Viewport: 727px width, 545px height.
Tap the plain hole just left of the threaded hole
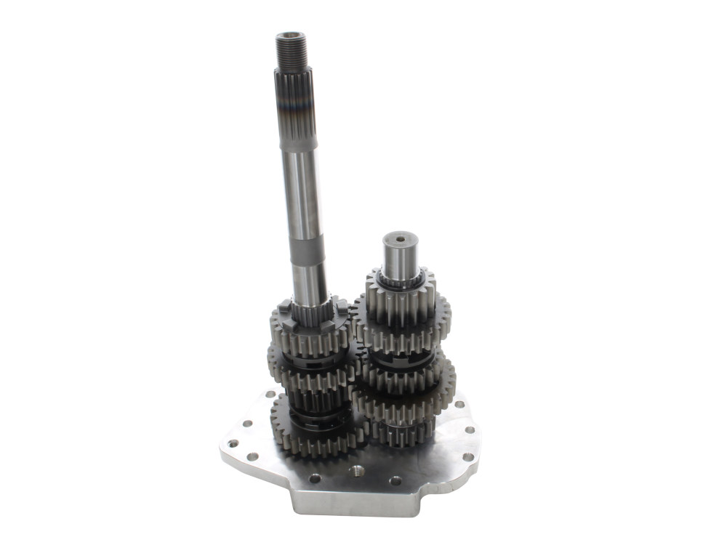[314, 478]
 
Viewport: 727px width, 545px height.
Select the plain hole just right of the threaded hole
[395, 480]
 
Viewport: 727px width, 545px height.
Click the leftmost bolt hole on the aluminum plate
[233, 443]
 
